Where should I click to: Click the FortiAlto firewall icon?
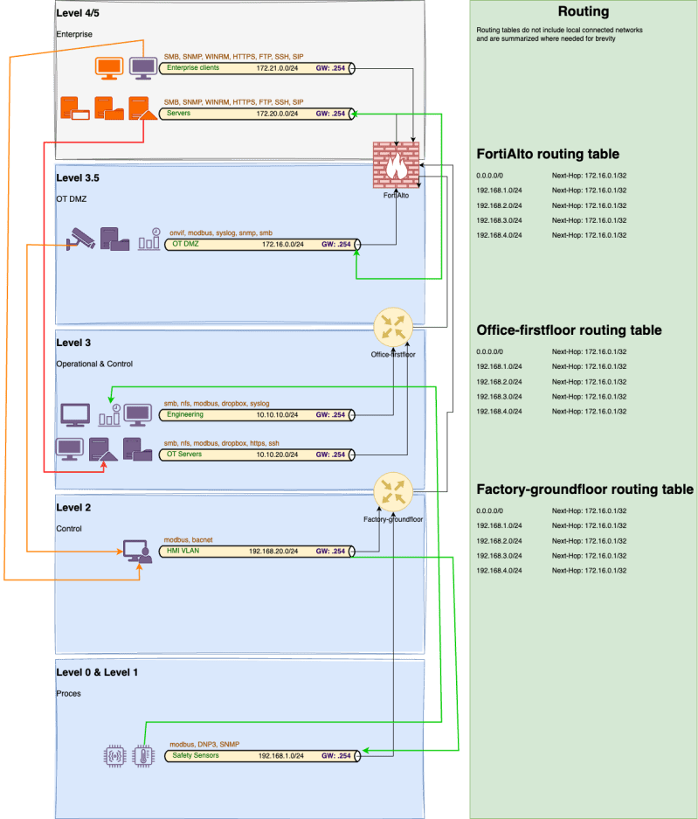pyautogui.click(x=396, y=163)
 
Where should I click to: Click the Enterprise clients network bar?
pyautogui.click(x=259, y=67)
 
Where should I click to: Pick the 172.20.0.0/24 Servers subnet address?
pyautogui.click(x=276, y=114)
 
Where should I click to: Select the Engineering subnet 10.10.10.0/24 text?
pyautogui.click(x=279, y=414)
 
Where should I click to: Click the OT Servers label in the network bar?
pyautogui.click(x=184, y=455)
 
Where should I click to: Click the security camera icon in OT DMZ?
pyautogui.click(x=81, y=239)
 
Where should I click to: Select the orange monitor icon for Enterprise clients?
pyautogui.click(x=109, y=67)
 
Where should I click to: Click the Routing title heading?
pyautogui.click(x=583, y=12)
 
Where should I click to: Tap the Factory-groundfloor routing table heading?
pyautogui.click(x=584, y=489)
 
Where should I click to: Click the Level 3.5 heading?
pyautogui.click(x=78, y=177)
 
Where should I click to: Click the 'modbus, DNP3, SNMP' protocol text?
pyautogui.click(x=204, y=744)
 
